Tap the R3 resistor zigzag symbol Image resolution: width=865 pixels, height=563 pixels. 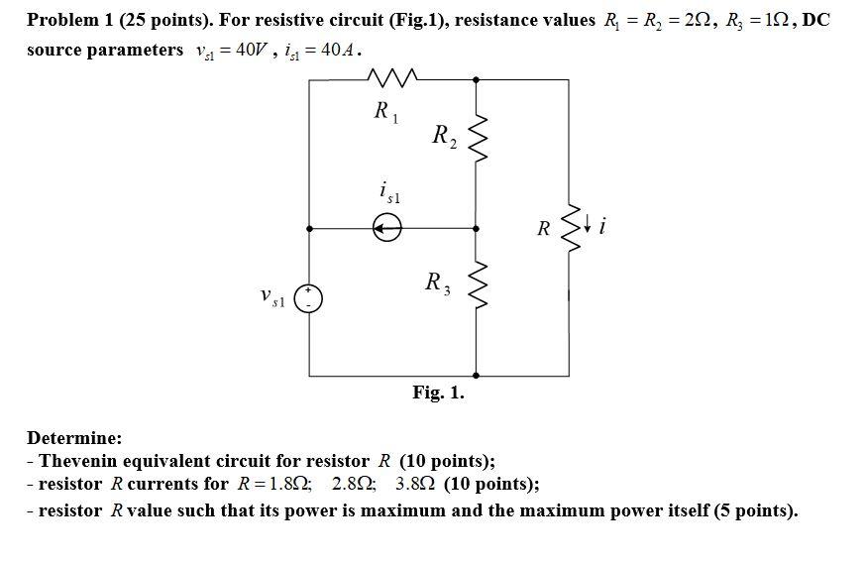coord(479,284)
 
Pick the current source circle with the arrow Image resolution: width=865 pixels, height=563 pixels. coord(387,229)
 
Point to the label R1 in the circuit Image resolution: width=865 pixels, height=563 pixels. coord(385,112)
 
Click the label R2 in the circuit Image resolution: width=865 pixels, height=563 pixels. coord(444,136)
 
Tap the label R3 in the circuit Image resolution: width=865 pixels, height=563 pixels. coord(437,283)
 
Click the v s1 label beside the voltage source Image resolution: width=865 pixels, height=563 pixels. coord(270,296)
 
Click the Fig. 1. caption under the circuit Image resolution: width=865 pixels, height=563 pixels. coord(438,394)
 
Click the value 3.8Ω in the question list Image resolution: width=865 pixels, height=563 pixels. coord(416,485)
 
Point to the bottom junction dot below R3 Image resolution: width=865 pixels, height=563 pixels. coord(479,376)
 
